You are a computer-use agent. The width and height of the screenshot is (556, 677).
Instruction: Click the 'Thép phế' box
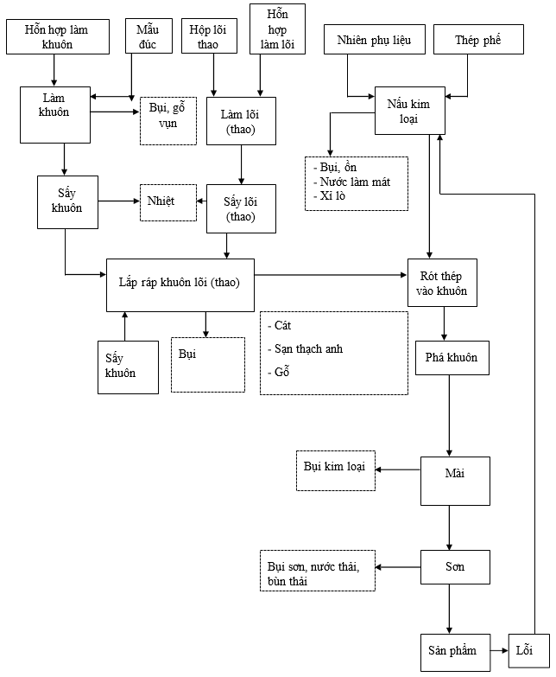(x=477, y=40)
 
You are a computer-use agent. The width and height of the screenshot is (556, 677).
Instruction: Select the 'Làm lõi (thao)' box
(x=241, y=121)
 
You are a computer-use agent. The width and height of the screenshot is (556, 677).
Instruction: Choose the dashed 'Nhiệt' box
(x=167, y=201)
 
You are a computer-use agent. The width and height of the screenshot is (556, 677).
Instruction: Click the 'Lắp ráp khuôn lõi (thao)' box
(x=180, y=284)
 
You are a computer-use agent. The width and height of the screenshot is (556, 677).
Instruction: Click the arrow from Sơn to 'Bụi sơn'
(x=398, y=568)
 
